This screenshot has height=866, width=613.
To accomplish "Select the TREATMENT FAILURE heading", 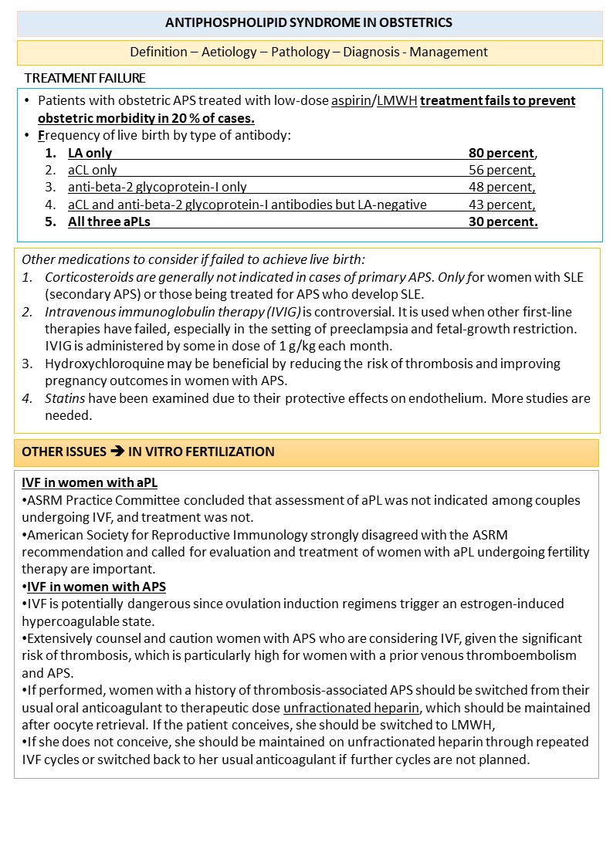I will [85, 79].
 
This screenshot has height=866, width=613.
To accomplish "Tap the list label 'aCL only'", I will [93, 170].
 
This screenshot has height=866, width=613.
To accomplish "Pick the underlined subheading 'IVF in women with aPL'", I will [90, 482].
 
